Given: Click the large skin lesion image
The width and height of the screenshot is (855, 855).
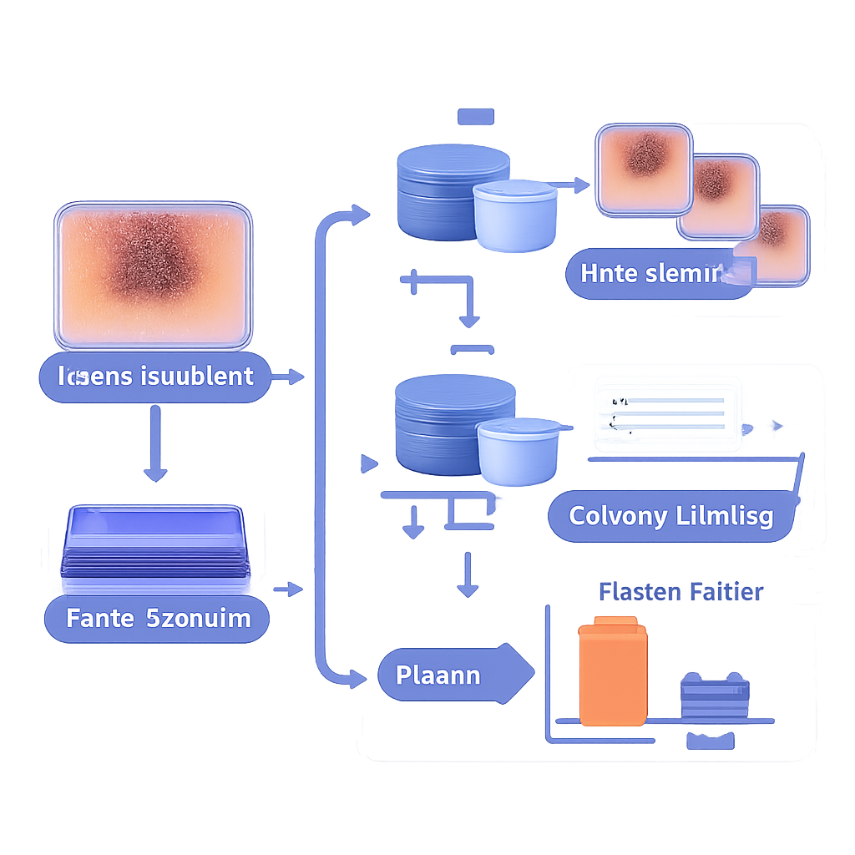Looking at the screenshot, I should point(154,275).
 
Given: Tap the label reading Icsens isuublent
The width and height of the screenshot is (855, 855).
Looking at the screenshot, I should point(156,377).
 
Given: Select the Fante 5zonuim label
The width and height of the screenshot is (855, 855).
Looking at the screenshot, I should point(158,619).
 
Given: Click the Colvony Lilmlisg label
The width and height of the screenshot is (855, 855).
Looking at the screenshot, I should point(670,515).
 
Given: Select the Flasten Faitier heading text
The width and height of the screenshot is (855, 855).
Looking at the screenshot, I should point(680,592).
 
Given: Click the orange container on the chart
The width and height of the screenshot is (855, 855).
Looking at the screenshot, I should point(613,672).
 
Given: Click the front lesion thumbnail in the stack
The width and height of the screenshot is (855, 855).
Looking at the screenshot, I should point(781,243).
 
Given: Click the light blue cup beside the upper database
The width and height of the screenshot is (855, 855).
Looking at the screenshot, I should point(514,215).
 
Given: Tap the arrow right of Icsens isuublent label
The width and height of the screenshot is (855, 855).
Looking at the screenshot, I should point(288,377).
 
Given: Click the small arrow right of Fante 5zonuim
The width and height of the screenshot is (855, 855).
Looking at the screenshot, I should point(288,589).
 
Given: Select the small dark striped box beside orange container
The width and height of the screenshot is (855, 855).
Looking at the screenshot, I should point(715,695).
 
